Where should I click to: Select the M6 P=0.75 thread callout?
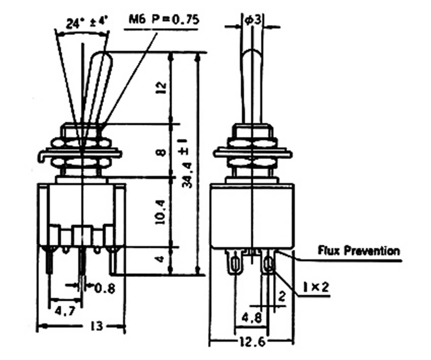click(164, 20)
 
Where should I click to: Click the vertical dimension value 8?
click(161, 152)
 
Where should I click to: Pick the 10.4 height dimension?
click(160, 212)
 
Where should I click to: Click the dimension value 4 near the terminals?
click(160, 259)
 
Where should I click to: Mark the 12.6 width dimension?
click(252, 342)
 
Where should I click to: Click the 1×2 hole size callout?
click(316, 287)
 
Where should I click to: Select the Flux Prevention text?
click(359, 250)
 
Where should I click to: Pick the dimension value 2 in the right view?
click(282, 295)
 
